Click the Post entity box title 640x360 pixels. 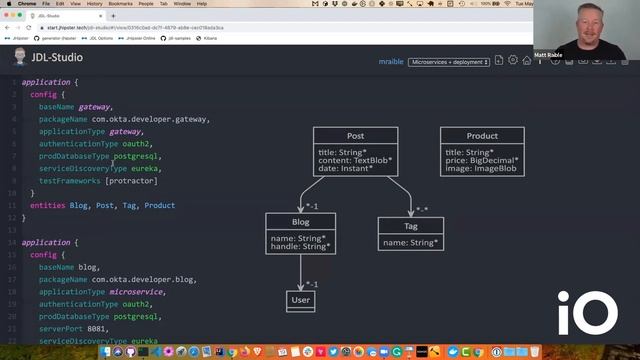(355, 136)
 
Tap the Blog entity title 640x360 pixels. (300, 222)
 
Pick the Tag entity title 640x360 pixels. (411, 227)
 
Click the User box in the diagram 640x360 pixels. (300, 299)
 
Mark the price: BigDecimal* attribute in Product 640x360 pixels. (482, 160)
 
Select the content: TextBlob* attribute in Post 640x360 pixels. (355, 160)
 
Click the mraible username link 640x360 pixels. (390, 62)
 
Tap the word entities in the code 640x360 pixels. (48, 206)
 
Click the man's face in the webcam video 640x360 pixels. (584, 19)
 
